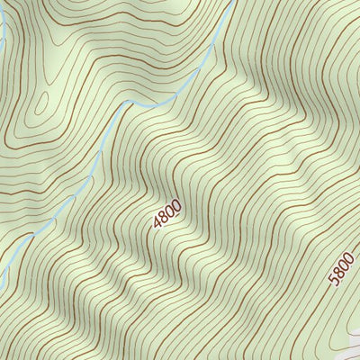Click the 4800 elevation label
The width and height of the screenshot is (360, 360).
(x=167, y=212)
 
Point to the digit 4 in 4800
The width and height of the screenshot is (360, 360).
(x=159, y=221)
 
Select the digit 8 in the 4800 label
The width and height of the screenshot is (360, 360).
(x=165, y=216)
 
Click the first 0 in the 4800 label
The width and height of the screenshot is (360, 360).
(x=170, y=210)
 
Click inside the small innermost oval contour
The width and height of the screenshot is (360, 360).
(x=40, y=109)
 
